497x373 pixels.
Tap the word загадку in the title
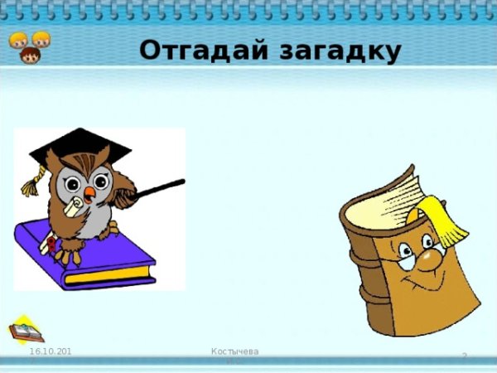click(335, 51)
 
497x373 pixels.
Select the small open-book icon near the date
click(26, 331)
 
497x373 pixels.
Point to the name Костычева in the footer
click(235, 352)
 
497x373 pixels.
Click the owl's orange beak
click(89, 193)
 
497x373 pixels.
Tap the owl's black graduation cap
click(80, 146)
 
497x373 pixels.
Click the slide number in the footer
click(464, 356)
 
